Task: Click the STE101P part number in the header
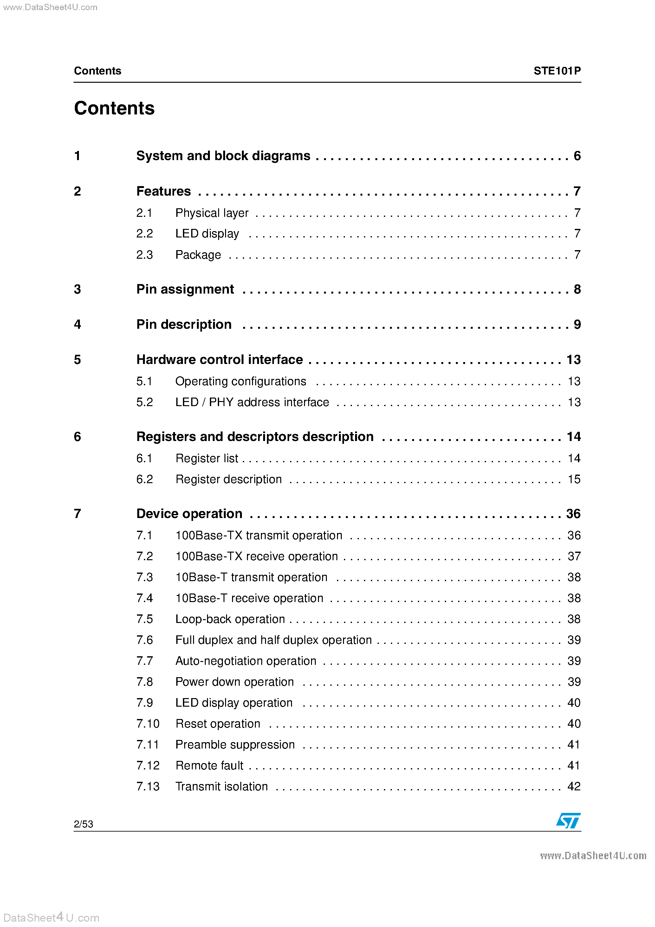[557, 71]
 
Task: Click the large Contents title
[114, 108]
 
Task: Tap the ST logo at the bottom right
[568, 820]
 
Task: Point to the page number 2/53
[84, 824]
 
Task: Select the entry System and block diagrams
[223, 156]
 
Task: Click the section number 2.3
[145, 255]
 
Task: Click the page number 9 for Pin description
[577, 324]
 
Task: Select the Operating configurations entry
[241, 381]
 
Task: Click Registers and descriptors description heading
[255, 437]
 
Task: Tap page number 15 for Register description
[574, 479]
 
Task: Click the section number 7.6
[145, 640]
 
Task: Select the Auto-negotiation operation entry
[245, 661]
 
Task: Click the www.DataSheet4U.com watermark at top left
[50, 7]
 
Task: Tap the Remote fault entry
[209, 766]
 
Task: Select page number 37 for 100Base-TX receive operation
[574, 556]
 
